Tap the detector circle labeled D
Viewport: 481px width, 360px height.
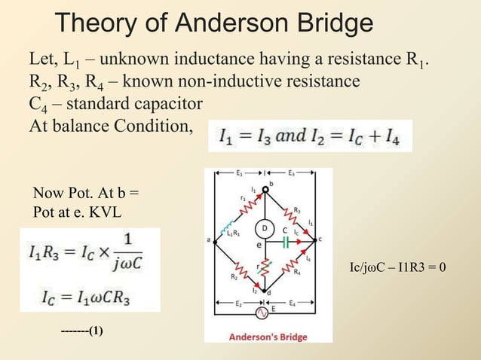(x=265, y=227)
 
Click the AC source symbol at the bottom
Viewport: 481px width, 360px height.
(x=263, y=312)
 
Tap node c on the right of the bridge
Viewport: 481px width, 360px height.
(x=321, y=239)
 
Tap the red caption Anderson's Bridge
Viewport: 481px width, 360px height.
(x=268, y=337)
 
